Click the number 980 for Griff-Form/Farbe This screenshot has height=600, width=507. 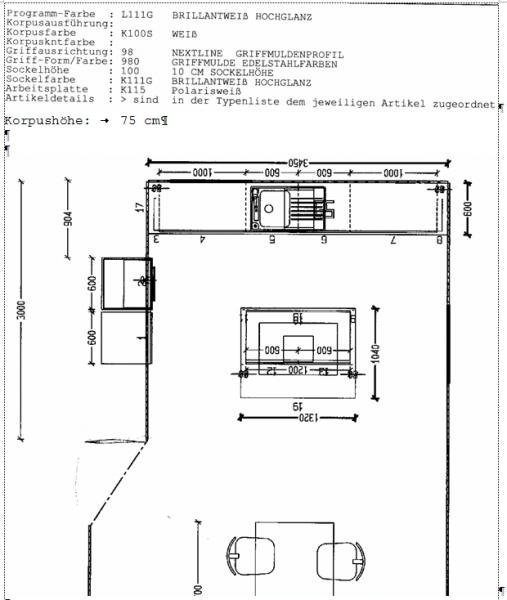pos(129,58)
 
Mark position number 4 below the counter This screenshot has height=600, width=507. pos(203,240)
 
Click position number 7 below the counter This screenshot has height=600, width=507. pos(393,240)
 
